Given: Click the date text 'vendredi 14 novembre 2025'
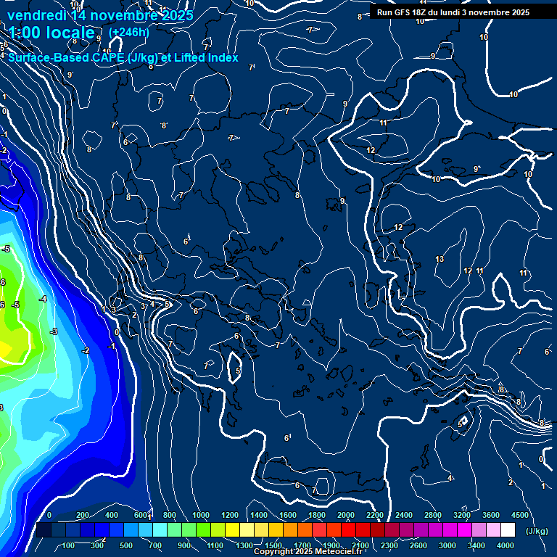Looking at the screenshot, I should pyautogui.click(x=100, y=15).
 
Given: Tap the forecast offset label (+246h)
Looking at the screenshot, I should pyautogui.click(x=128, y=32).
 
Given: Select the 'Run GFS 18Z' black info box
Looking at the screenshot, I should pyautogui.click(x=453, y=12).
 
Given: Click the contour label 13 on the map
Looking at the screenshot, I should pyautogui.click(x=440, y=259).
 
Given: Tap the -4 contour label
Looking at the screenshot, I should pyautogui.click(x=43, y=299).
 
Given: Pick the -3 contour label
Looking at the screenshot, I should pyautogui.click(x=54, y=331).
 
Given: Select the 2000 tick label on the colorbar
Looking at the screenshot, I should pyautogui.click(x=346, y=515).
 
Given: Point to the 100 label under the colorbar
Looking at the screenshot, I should pyautogui.click(x=69, y=545).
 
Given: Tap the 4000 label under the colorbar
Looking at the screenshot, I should pyautogui.click(x=506, y=545).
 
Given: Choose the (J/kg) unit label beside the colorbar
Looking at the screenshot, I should pyautogui.click(x=537, y=532).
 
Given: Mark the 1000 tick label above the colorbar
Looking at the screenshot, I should pyautogui.click(x=201, y=515).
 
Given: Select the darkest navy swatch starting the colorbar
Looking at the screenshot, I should pyautogui.click(x=44, y=530).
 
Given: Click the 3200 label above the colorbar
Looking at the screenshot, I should pyautogui.click(x=462, y=515).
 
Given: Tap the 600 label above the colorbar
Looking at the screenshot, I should pyautogui.click(x=141, y=515).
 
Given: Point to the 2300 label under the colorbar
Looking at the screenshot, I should pyautogui.click(x=389, y=545).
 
